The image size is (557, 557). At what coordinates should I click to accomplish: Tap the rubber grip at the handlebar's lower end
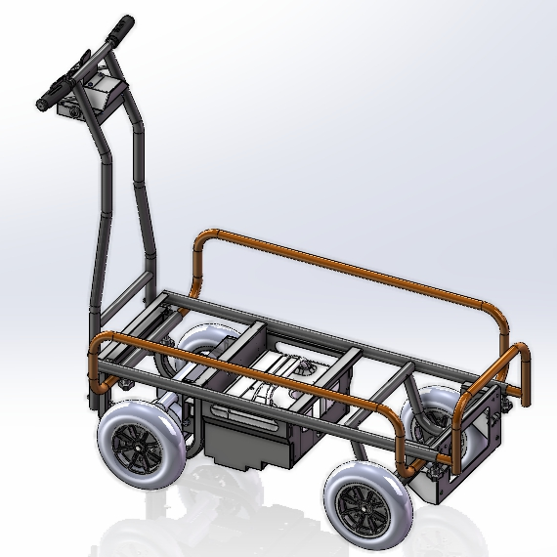click(x=47, y=97)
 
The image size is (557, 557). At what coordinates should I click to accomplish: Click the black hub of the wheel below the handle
click(x=140, y=449)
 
